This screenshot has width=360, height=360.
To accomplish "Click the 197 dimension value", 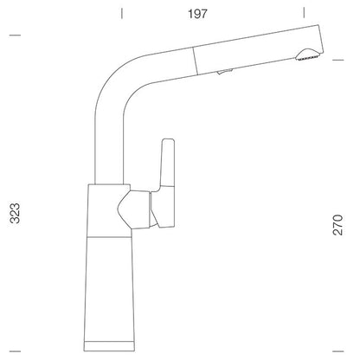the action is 197,14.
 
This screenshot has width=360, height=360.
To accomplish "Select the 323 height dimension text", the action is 16,213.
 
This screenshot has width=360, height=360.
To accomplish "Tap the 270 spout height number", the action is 337,225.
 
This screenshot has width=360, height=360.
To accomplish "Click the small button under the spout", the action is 224,72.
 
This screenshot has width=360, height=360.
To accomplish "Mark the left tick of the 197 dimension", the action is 122,13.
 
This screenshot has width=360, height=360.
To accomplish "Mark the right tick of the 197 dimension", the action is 304,13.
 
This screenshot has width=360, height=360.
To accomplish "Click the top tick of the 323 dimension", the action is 15,35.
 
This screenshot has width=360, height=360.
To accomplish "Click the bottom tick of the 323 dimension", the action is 15,351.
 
